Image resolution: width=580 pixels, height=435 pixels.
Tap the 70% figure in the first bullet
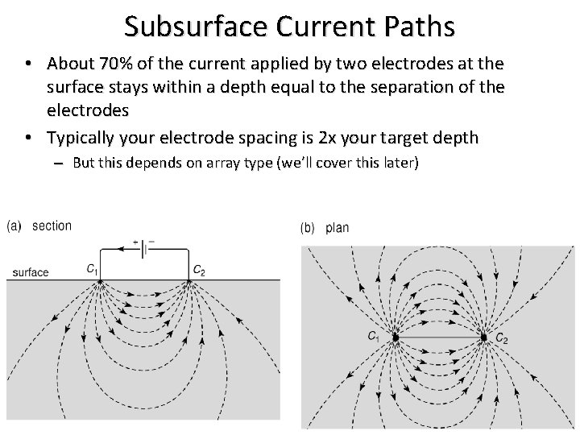[x=135, y=63]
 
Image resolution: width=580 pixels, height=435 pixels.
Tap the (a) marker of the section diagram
[x=14, y=226]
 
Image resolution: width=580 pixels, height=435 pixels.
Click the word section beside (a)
[x=52, y=226]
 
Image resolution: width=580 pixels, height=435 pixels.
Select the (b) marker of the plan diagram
[x=308, y=228]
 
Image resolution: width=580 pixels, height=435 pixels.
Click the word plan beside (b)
[x=338, y=228]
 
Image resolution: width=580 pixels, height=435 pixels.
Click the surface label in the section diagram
[x=31, y=272]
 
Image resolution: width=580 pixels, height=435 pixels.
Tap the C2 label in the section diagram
[x=199, y=269]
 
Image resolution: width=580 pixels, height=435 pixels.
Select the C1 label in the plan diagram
[x=374, y=335]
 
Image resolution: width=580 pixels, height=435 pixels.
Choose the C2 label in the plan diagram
[x=502, y=338]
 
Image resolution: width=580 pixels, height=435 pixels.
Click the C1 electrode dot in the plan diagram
[x=395, y=337]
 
